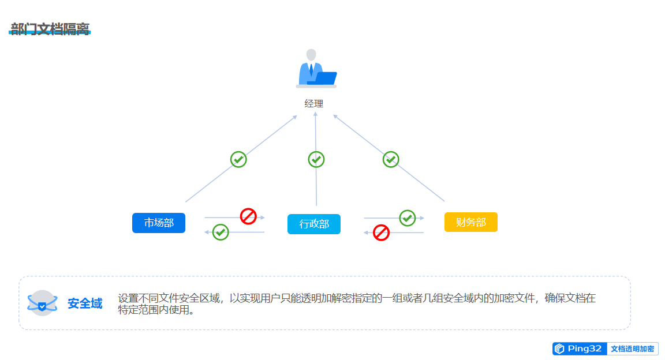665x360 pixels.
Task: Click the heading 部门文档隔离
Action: [x=50, y=29]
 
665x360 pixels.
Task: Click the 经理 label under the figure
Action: [x=314, y=104]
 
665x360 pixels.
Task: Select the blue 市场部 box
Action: [x=159, y=223]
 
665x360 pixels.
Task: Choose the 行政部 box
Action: [x=314, y=224]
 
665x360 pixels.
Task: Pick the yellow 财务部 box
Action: [x=470, y=222]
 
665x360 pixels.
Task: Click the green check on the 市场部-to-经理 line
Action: [x=238, y=159]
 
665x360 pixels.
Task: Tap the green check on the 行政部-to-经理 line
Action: [x=316, y=159]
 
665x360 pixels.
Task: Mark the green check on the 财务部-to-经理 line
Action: [x=391, y=159]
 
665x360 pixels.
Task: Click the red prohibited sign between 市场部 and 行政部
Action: [x=248, y=216]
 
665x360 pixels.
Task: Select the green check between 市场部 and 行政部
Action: [x=221, y=232]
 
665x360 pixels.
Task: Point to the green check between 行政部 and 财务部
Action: [x=408, y=217]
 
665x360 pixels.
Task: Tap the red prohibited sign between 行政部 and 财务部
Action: [x=381, y=233]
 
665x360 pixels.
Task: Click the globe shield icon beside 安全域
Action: [x=42, y=303]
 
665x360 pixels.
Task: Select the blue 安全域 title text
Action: [x=85, y=303]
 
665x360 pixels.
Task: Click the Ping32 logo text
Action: [x=584, y=348]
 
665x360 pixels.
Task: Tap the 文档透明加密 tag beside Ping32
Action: [x=633, y=349]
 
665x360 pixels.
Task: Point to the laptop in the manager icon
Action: [x=323, y=78]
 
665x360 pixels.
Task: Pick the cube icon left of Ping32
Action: [x=559, y=348]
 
